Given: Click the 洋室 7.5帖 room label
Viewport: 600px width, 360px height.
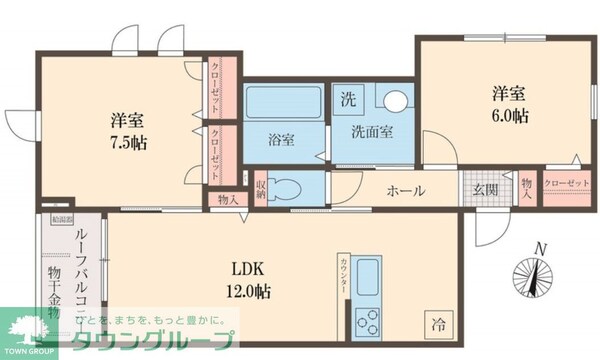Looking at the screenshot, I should (129, 131).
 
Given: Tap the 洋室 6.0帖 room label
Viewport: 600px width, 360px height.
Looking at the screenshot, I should (509, 104).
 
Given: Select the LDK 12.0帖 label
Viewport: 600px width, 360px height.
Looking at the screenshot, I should (252, 279).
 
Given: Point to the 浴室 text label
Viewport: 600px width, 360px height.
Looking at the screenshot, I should (281, 140).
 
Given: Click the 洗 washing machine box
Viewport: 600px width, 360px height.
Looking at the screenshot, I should (347, 99).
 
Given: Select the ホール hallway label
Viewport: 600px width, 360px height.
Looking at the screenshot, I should (406, 191).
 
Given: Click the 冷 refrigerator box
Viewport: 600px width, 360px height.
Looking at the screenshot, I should (437, 323).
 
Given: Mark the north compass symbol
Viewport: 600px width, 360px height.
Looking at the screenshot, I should (536, 275).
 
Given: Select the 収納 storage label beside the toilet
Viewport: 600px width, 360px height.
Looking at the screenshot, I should (260, 187).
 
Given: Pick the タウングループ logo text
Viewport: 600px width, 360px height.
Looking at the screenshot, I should (150, 340).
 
